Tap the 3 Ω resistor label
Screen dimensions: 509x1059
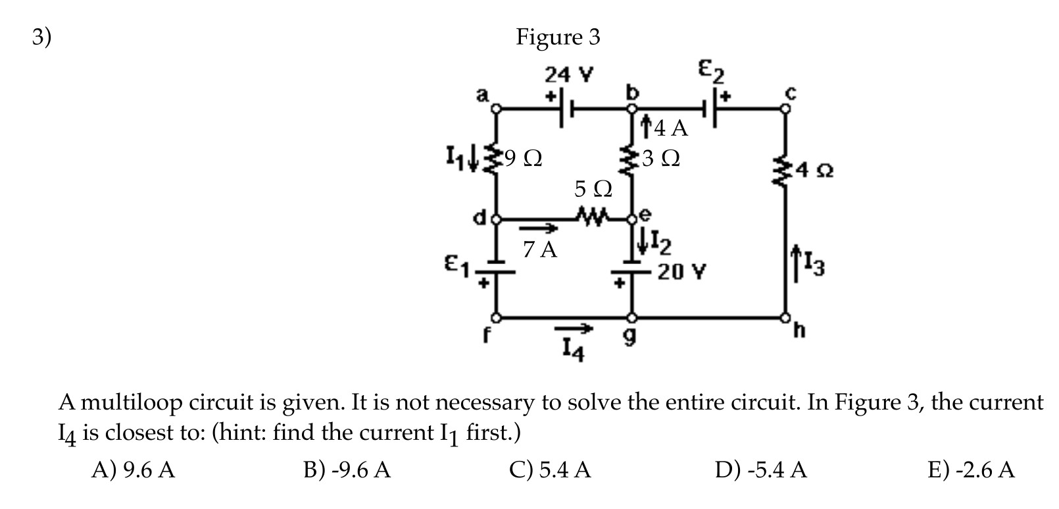[x=662, y=159]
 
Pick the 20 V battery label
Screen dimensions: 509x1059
[x=679, y=272]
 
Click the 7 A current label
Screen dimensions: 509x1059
[x=540, y=250]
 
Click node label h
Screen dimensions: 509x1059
[x=799, y=329]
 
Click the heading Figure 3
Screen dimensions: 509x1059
[x=558, y=37]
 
